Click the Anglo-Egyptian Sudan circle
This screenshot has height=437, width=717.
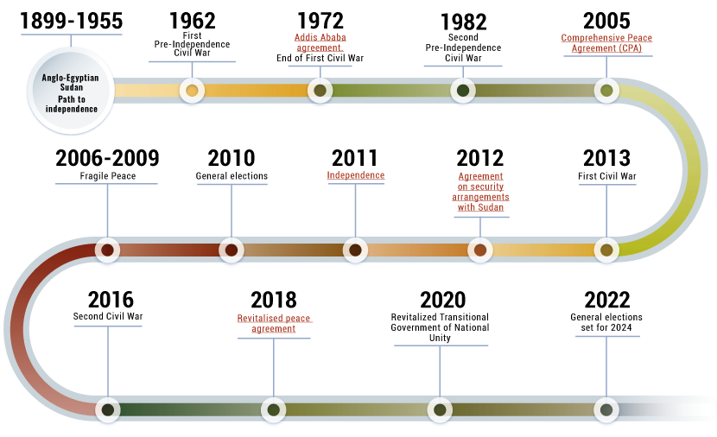71,92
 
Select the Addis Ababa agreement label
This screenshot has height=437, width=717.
320,42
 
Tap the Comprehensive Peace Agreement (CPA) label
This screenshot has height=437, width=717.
606,42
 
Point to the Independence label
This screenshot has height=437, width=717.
355,175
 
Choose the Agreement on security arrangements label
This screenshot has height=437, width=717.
480,192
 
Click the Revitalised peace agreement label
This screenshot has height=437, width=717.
274,323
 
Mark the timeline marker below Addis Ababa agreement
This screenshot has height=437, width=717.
320,90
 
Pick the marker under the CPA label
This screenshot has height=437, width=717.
606,90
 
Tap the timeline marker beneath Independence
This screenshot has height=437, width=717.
355,250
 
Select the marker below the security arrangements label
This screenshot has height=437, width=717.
480,250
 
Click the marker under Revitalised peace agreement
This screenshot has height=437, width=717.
274,409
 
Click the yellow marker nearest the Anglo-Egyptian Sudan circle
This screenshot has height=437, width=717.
192,90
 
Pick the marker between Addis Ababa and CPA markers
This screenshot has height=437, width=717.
463,90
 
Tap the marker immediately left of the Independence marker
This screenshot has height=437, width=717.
231,250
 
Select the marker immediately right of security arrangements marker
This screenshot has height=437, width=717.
606,250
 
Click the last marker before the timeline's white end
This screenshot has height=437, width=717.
606,409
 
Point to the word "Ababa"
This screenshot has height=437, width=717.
333,37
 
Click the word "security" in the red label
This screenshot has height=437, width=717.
486,187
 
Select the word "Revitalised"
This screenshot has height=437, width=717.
260,318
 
